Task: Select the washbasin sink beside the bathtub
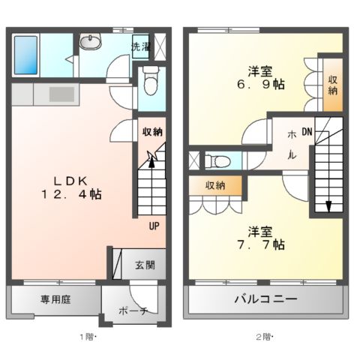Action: point(92,42)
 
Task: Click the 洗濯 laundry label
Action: point(140,46)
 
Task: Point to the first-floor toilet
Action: point(151,78)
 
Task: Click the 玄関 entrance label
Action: point(145,265)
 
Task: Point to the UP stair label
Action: point(154,225)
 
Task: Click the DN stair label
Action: point(307,132)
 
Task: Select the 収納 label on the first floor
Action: point(152,132)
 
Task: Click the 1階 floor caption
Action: point(88,337)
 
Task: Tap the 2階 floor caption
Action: point(263,337)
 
